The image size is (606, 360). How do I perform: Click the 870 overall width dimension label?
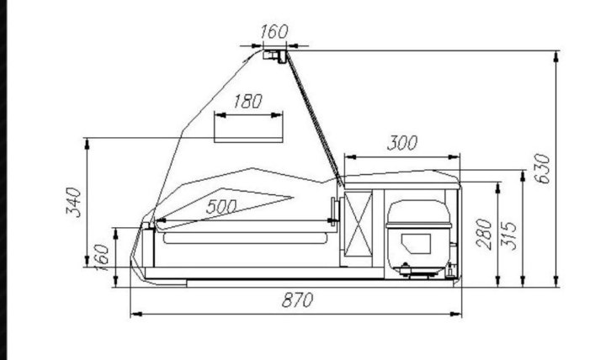[297, 300]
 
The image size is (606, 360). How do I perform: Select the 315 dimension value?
[508, 236]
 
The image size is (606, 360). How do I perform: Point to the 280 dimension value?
[484, 234]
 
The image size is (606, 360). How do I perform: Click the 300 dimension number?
[402, 143]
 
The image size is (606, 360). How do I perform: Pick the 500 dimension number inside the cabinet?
[221, 207]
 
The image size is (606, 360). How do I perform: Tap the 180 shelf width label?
[247, 101]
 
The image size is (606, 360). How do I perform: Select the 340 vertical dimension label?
[73, 203]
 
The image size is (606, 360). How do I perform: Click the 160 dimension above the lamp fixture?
[274, 32]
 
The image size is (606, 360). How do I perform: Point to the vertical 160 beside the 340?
[101, 257]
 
